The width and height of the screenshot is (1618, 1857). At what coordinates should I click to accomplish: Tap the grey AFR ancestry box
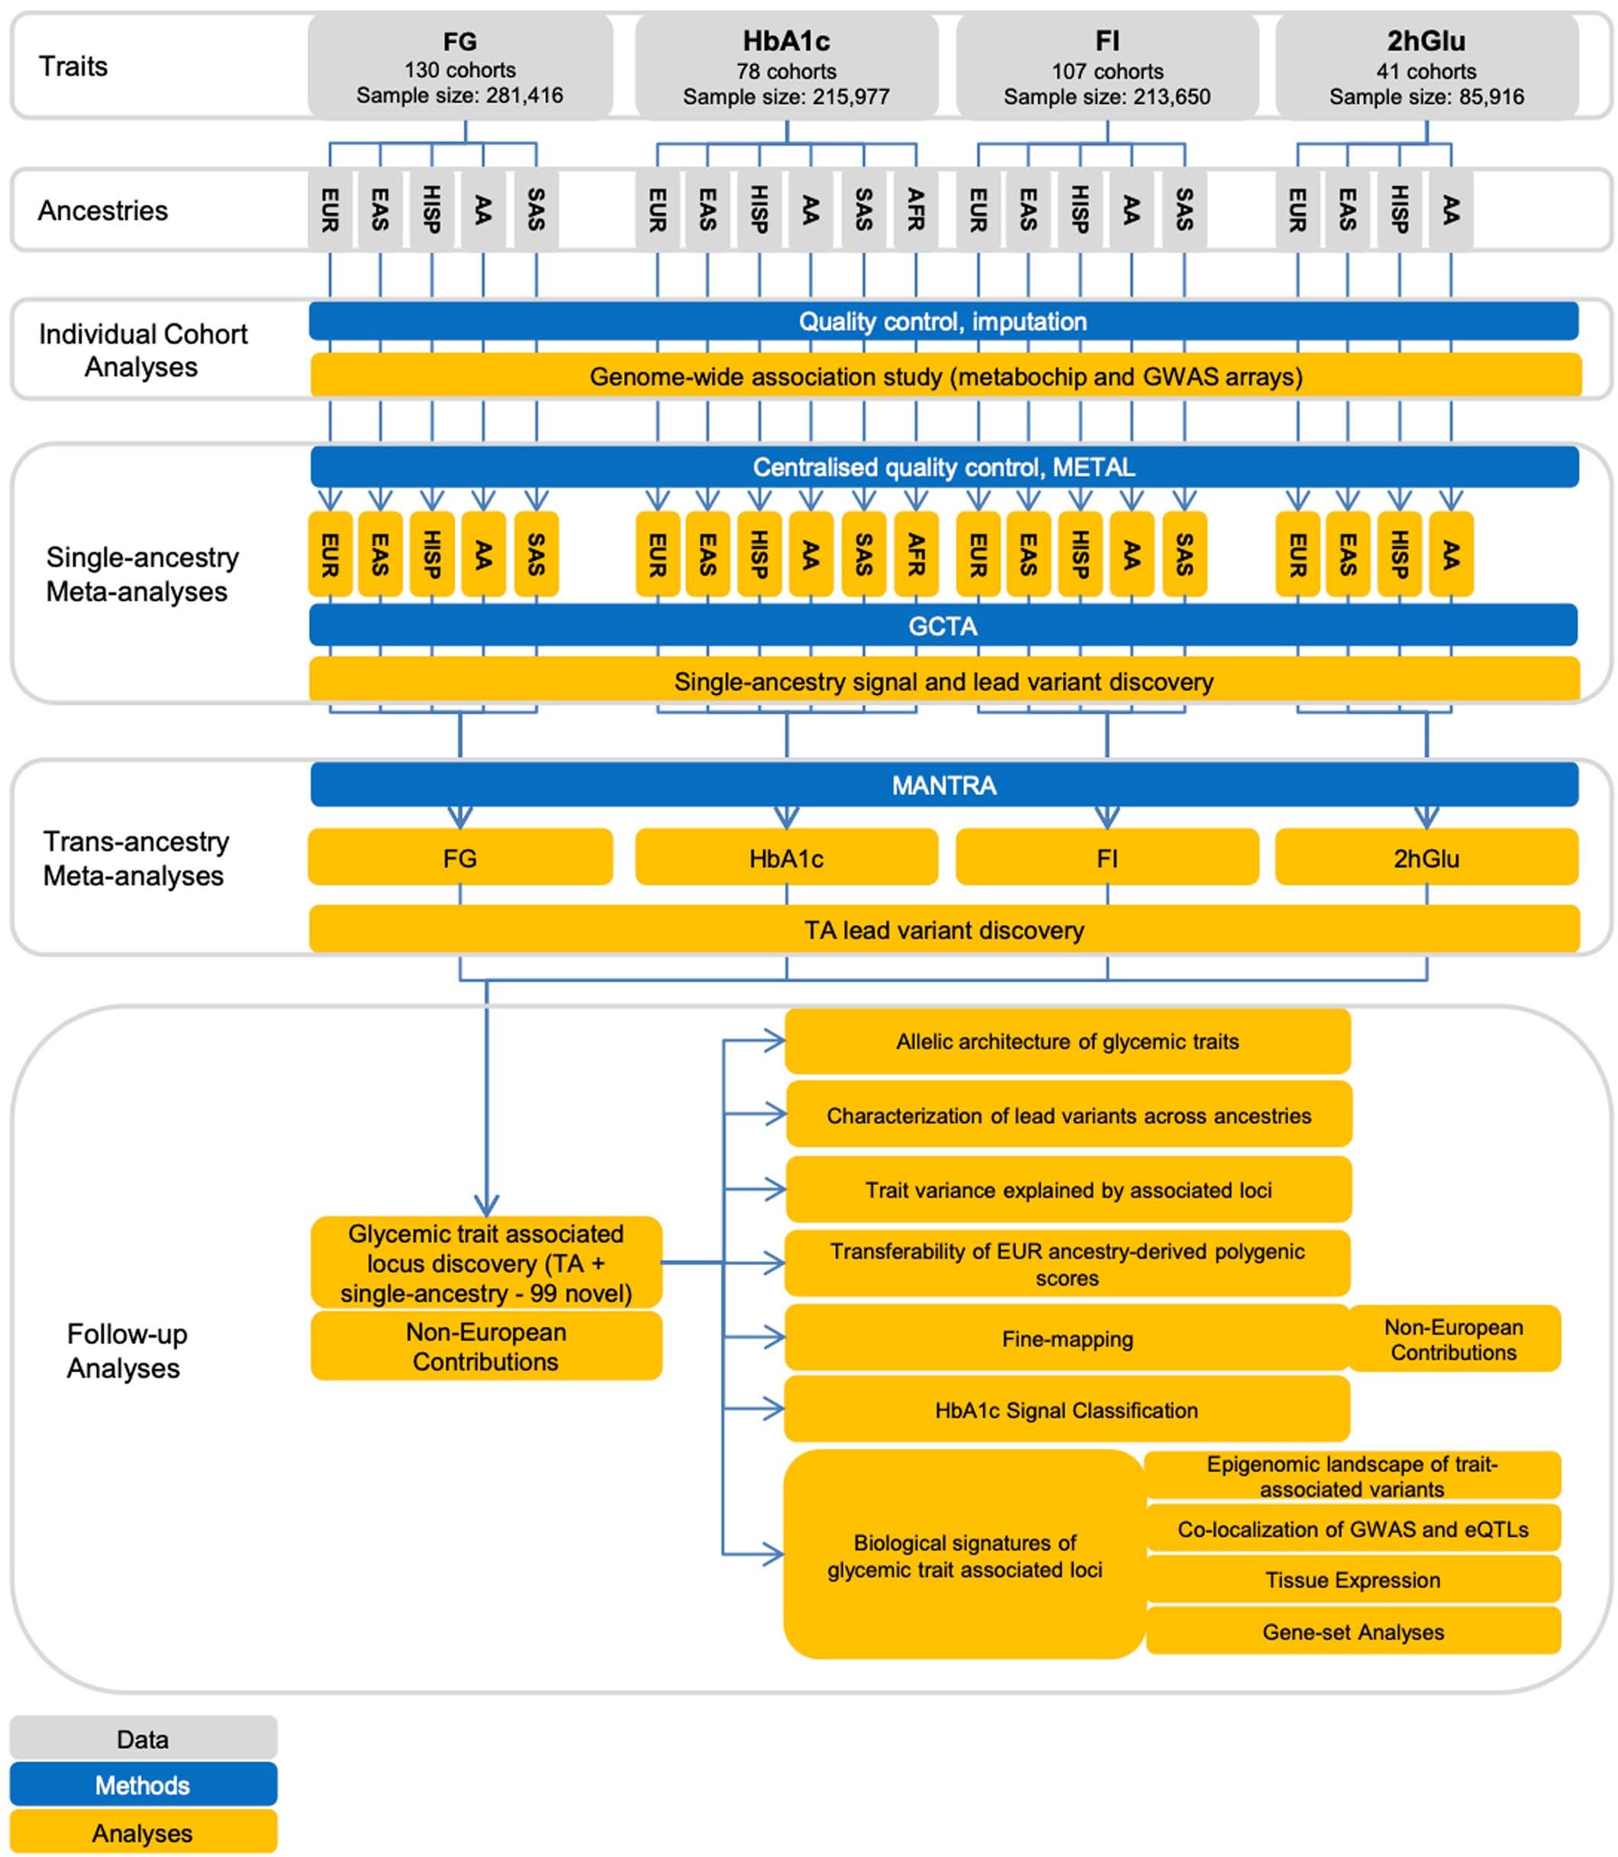(916, 209)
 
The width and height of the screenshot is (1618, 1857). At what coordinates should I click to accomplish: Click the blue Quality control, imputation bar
(943, 321)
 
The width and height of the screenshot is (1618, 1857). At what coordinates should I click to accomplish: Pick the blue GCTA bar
(943, 625)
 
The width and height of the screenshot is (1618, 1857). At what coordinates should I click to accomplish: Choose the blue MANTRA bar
(944, 785)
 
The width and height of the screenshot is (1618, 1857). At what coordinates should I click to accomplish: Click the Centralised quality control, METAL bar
(944, 467)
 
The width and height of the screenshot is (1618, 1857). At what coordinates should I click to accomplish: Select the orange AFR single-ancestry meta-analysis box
(916, 554)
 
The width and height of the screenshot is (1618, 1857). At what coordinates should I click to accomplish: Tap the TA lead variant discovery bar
(944, 929)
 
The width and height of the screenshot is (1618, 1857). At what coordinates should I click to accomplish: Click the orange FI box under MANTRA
(1107, 857)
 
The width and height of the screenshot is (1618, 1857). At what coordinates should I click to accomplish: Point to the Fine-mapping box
(1067, 1339)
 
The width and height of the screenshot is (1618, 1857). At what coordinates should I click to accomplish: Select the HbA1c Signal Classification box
(1066, 1410)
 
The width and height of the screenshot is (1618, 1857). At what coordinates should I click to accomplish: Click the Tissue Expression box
(1352, 1580)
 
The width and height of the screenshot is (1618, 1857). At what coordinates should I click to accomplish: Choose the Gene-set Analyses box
(1352, 1632)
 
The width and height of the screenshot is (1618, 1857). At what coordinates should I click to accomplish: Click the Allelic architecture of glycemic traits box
(1067, 1042)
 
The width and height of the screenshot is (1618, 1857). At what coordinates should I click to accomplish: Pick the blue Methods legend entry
(143, 1784)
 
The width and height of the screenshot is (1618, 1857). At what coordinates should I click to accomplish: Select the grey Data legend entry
(143, 1739)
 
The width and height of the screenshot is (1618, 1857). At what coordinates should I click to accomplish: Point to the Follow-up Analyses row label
(127, 1350)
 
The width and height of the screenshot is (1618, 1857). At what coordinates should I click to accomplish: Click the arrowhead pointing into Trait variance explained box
(775, 1190)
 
